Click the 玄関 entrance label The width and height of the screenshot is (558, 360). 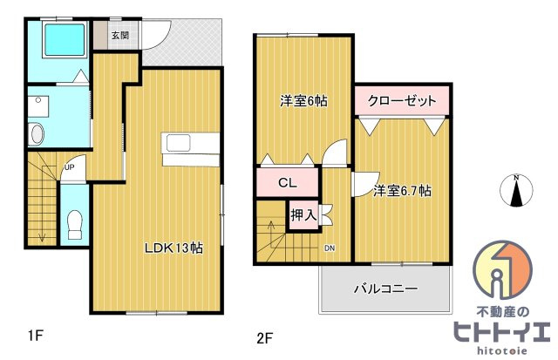point(120,35)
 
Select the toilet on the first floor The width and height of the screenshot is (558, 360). point(75,225)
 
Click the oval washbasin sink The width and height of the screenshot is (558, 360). point(37,134)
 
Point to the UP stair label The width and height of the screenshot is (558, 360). point(70,166)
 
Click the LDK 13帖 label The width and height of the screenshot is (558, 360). point(174,248)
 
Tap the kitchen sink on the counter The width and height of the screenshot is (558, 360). point(179,143)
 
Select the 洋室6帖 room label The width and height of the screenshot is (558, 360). point(303,101)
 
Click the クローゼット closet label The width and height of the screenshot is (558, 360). point(402,100)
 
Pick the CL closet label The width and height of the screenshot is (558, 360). point(287,183)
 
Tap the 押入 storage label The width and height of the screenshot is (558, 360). point(303,214)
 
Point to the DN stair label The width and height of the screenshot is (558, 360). point(330,248)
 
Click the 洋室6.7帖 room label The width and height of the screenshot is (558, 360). point(402,191)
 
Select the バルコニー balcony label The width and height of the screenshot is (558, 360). point(385,289)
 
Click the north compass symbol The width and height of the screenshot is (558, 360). point(516,190)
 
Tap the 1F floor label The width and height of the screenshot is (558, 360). point(36,335)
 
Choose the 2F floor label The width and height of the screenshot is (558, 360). point(264,337)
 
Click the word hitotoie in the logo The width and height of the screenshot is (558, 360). point(502,350)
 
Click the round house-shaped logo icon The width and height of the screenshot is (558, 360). point(502,268)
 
